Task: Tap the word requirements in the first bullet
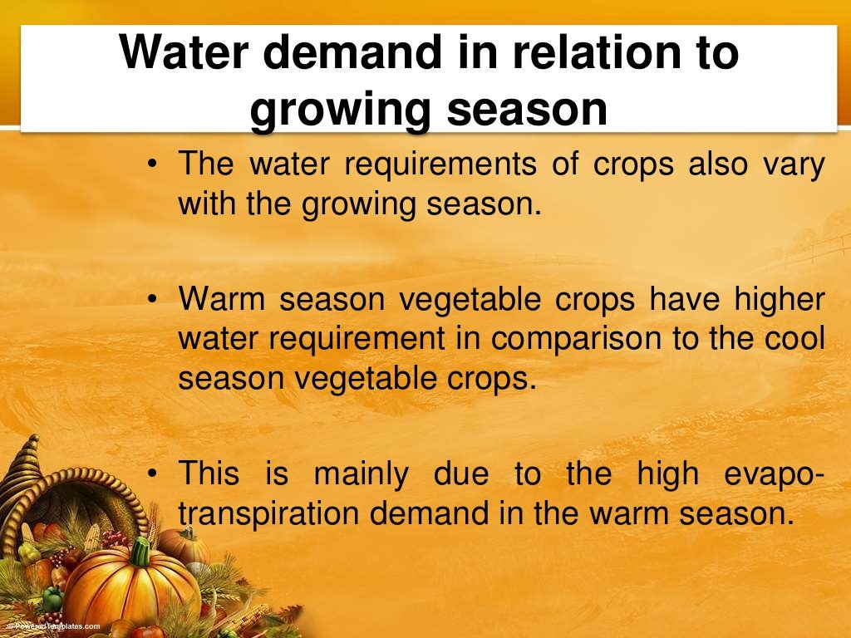440,164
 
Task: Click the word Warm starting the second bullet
224,300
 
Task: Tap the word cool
794,339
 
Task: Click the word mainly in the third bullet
361,474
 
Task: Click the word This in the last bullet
209,474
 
